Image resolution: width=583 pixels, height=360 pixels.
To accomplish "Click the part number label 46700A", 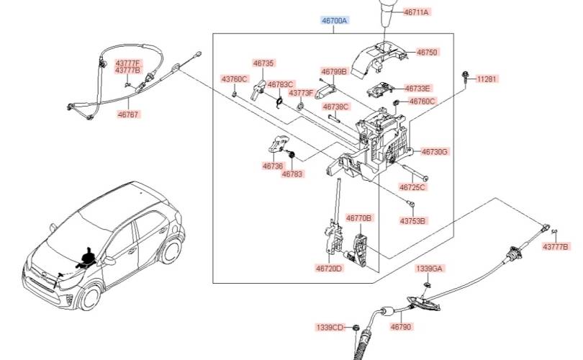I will tap(334, 22).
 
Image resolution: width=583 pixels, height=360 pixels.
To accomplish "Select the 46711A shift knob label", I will tap(416, 12).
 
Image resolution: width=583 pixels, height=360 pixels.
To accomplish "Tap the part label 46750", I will tap(427, 53).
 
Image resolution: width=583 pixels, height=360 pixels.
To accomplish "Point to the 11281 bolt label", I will tap(487, 79).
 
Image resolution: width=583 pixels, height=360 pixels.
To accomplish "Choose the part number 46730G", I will tap(435, 152).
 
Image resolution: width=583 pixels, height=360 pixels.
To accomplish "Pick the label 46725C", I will tap(412, 187).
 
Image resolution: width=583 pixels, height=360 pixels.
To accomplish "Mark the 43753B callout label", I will tap(413, 221).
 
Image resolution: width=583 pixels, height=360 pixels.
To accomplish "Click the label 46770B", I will tap(359, 217).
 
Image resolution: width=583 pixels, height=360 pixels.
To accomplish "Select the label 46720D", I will tap(329, 269).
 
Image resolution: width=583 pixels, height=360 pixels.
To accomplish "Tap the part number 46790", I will tap(401, 327).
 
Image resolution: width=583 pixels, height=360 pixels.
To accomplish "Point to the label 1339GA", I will tap(430, 269).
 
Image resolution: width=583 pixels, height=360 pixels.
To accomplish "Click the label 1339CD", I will tap(330, 328).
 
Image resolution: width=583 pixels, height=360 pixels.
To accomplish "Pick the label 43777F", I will tap(127, 63).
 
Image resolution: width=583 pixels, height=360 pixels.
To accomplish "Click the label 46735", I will tap(263, 63).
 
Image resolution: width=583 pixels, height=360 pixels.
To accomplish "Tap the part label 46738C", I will tap(335, 107).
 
